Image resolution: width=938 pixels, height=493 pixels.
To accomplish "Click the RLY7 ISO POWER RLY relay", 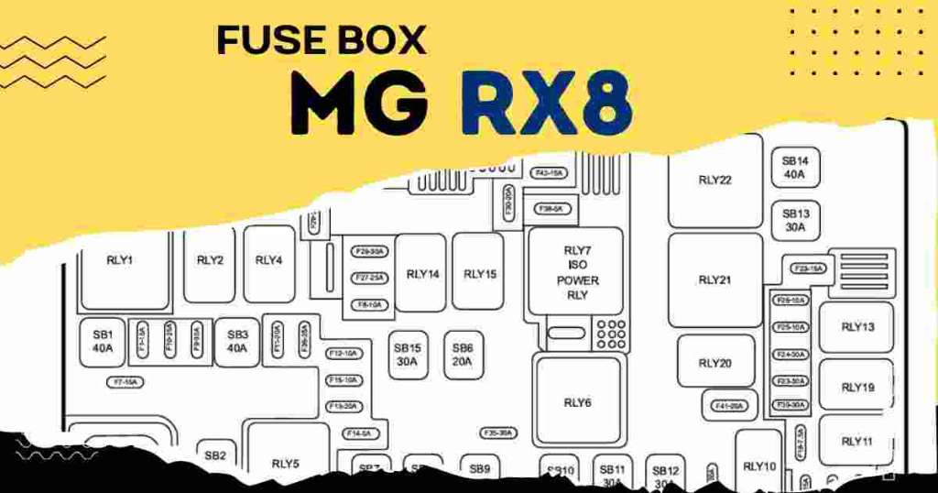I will (x=576, y=272).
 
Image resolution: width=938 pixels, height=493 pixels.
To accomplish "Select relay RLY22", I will (x=714, y=181).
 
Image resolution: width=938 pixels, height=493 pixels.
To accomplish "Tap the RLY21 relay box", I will (x=714, y=279).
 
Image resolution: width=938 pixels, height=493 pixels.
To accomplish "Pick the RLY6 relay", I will (x=577, y=401).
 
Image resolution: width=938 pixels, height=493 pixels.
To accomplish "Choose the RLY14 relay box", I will (x=422, y=273).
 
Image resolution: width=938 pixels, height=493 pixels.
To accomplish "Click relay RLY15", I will (x=479, y=273).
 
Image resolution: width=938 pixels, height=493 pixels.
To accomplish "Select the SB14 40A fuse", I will (x=794, y=168).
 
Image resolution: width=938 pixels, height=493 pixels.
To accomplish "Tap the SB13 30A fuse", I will (x=794, y=220).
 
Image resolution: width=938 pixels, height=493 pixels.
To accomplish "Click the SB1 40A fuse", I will (x=102, y=342).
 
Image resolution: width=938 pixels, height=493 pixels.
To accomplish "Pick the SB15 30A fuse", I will (x=407, y=355).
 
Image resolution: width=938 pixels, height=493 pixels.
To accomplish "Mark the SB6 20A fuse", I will (x=462, y=355).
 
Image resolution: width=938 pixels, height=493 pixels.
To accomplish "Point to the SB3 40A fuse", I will (x=237, y=342).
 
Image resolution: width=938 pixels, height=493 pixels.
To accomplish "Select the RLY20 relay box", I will (x=714, y=363).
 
